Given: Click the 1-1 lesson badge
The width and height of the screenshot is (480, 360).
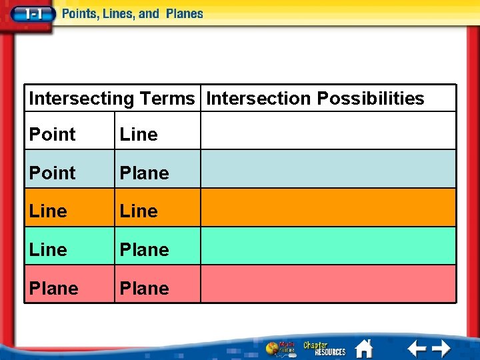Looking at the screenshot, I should pos(31,14).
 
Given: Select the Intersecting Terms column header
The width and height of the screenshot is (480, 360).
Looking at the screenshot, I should pos(111,99).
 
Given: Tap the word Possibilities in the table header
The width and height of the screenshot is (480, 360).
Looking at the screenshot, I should pos(371,99).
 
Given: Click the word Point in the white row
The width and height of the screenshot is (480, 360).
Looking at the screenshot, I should pos(53,135).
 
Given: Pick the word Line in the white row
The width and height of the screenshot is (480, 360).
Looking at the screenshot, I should pos(139,135).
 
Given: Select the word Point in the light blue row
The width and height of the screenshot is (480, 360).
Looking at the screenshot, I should pos(53,173).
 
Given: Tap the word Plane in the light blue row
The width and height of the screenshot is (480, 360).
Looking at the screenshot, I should pos(144,173).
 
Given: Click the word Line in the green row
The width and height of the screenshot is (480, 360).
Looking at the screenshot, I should pos(48,250).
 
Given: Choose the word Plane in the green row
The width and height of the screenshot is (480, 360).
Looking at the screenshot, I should pos(144,250).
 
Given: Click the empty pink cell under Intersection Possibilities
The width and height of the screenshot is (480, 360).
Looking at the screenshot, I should pos(328,285).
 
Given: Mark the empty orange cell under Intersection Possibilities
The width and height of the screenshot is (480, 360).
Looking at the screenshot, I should pos(328,208).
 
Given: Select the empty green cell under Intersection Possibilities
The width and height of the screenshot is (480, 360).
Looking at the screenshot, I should pos(328,247).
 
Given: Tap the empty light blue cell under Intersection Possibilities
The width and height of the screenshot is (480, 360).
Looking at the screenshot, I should pos(328,169).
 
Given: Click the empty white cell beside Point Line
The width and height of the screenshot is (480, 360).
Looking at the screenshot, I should pos(328,131).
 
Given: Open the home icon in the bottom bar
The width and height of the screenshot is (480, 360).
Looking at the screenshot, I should pos(364,348).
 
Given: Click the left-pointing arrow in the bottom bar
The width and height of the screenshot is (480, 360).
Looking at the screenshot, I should pos(417,348).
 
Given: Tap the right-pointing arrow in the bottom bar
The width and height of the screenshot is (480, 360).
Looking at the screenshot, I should pos(441,348).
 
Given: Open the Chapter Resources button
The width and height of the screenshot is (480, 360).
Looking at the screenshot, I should pos(324,348).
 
